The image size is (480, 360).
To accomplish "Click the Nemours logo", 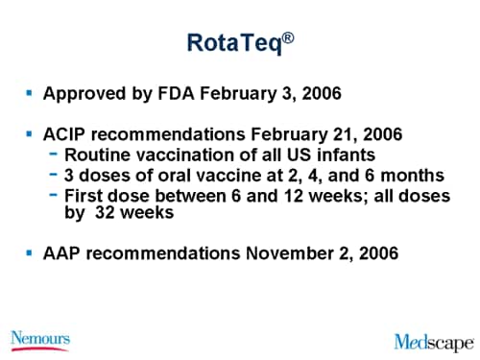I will (39, 339).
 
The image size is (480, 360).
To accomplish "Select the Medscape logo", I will (433, 342).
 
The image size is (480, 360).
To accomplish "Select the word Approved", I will (81, 95).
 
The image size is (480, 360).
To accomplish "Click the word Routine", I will (96, 155).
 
